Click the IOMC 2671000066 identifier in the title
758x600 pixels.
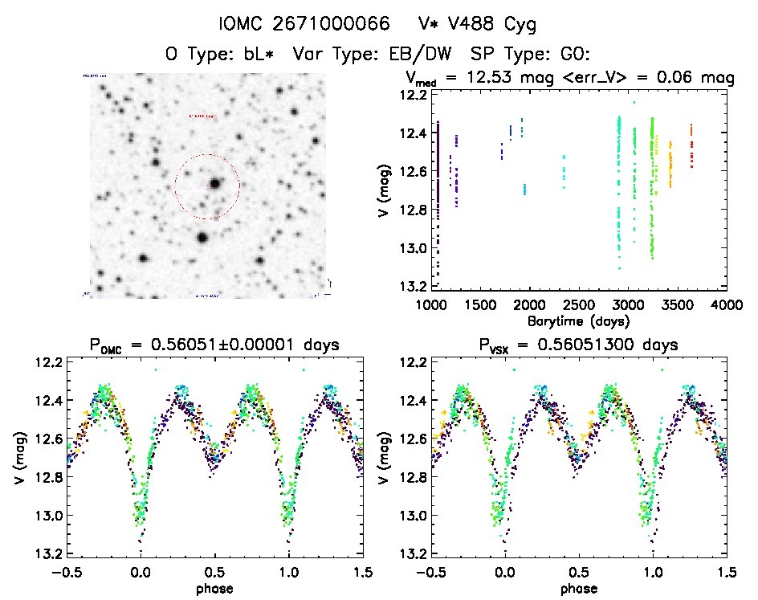[298, 24]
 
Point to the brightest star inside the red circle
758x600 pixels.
[215, 183]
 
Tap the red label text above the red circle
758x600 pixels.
[201, 116]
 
